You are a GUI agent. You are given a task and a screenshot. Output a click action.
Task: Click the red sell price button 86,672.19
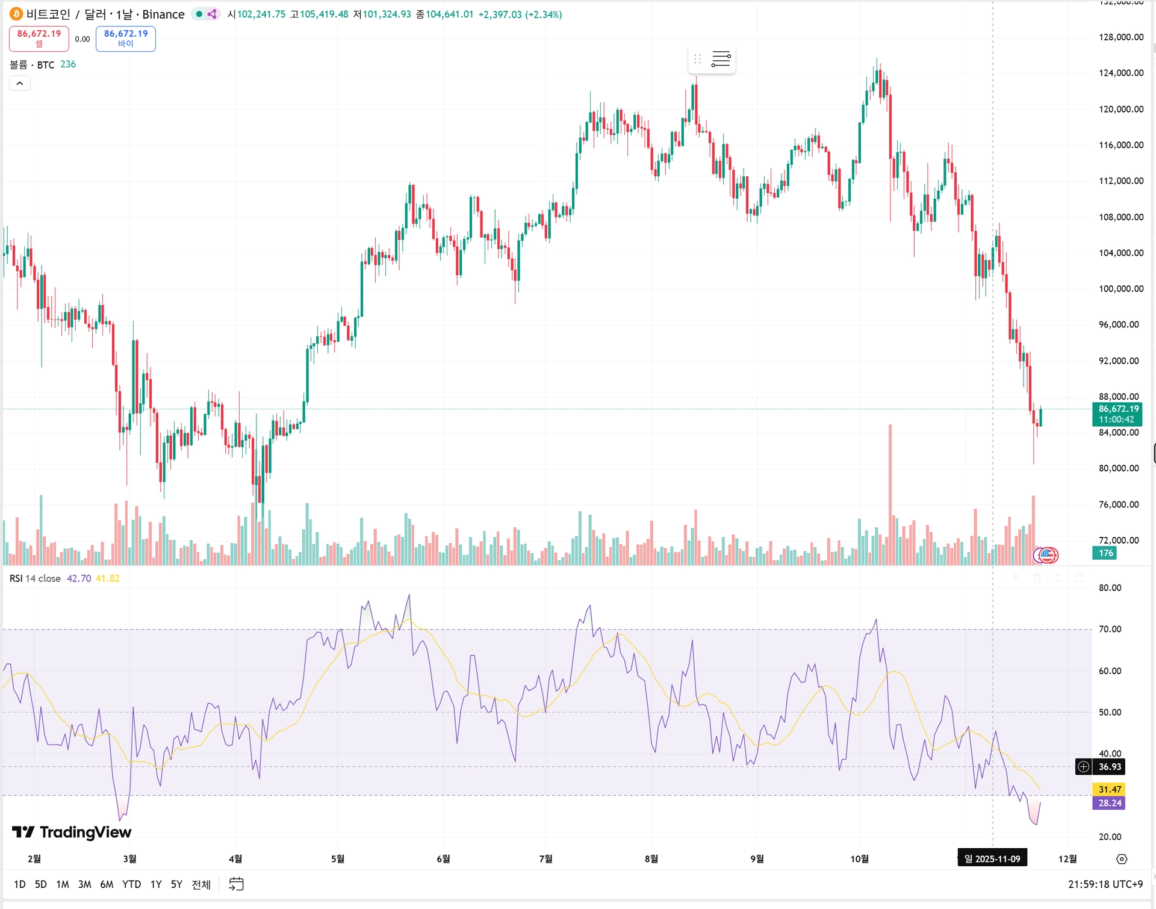(x=39, y=38)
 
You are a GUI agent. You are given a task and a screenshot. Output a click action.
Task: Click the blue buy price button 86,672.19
(x=125, y=38)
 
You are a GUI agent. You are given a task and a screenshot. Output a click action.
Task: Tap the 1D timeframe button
(x=20, y=884)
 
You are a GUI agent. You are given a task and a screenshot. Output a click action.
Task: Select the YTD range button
(x=131, y=884)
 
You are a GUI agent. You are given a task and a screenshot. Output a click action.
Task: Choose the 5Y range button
(x=176, y=884)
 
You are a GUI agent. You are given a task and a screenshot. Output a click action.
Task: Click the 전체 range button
(x=201, y=884)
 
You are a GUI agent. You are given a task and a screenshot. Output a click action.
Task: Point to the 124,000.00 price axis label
(x=1120, y=73)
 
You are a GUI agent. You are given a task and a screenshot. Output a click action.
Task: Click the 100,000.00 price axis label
(x=1120, y=289)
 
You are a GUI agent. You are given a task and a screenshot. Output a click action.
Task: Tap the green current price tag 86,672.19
(x=1117, y=414)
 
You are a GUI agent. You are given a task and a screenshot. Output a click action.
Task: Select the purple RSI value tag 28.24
(x=1109, y=803)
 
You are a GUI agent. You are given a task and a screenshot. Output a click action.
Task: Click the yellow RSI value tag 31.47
(x=1109, y=789)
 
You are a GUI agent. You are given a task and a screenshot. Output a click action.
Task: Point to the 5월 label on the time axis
(x=338, y=858)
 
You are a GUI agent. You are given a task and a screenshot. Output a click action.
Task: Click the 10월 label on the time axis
(x=859, y=858)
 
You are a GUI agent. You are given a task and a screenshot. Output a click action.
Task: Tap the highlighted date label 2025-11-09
(x=992, y=858)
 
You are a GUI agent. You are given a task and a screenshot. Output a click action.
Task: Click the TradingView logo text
(x=85, y=832)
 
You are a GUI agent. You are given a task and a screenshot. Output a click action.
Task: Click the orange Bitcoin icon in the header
(x=16, y=14)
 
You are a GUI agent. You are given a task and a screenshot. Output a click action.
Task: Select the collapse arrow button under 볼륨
(x=20, y=84)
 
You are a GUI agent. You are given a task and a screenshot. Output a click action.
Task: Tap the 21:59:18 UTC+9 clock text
(x=1105, y=884)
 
